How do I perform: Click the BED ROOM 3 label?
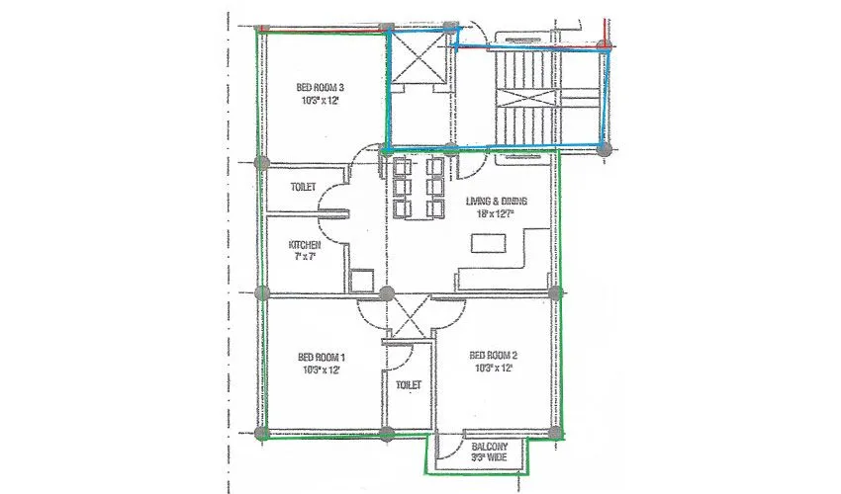[321, 88]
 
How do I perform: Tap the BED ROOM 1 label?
[321, 357]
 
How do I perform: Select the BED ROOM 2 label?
[494, 356]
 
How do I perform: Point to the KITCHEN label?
[305, 244]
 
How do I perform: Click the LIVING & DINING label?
[496, 201]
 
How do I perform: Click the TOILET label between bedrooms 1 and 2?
[408, 384]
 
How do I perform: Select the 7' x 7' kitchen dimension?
[304, 257]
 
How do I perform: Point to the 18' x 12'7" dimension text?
[496, 213]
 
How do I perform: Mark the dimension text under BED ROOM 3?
[321, 101]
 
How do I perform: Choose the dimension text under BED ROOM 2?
[494, 369]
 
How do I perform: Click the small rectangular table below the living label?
[488, 243]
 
